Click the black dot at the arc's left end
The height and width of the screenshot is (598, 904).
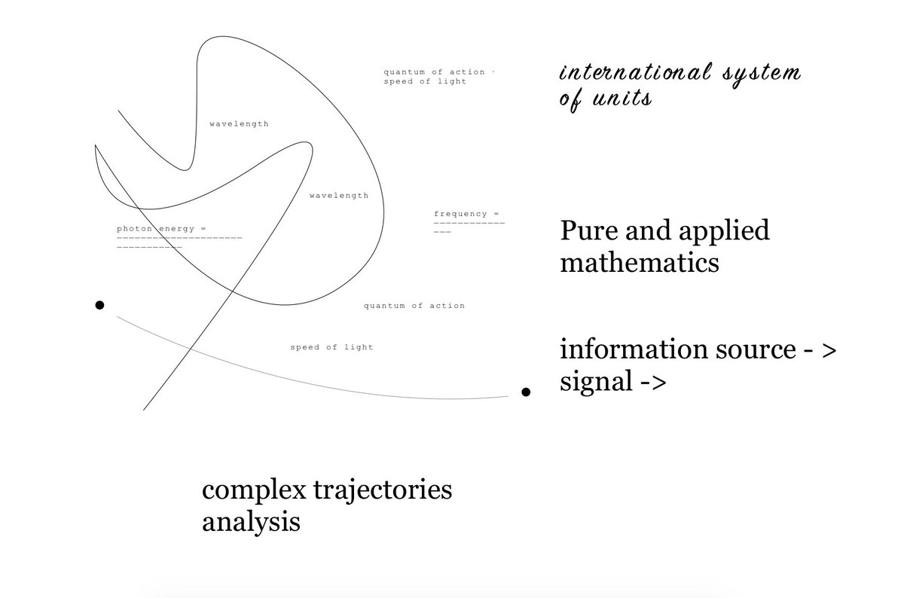point(99,305)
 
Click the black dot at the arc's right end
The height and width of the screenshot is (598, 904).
point(527,392)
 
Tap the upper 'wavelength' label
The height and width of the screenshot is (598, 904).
point(239,124)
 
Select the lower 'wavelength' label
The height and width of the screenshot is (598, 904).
point(339,196)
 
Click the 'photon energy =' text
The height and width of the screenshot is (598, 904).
point(161,228)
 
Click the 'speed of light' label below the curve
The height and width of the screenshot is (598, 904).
point(331,347)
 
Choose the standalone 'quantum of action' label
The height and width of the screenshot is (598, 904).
point(414,306)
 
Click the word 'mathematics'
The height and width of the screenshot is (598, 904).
point(639,264)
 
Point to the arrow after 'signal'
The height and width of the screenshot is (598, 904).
point(653,383)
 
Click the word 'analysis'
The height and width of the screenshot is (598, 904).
point(251,522)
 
